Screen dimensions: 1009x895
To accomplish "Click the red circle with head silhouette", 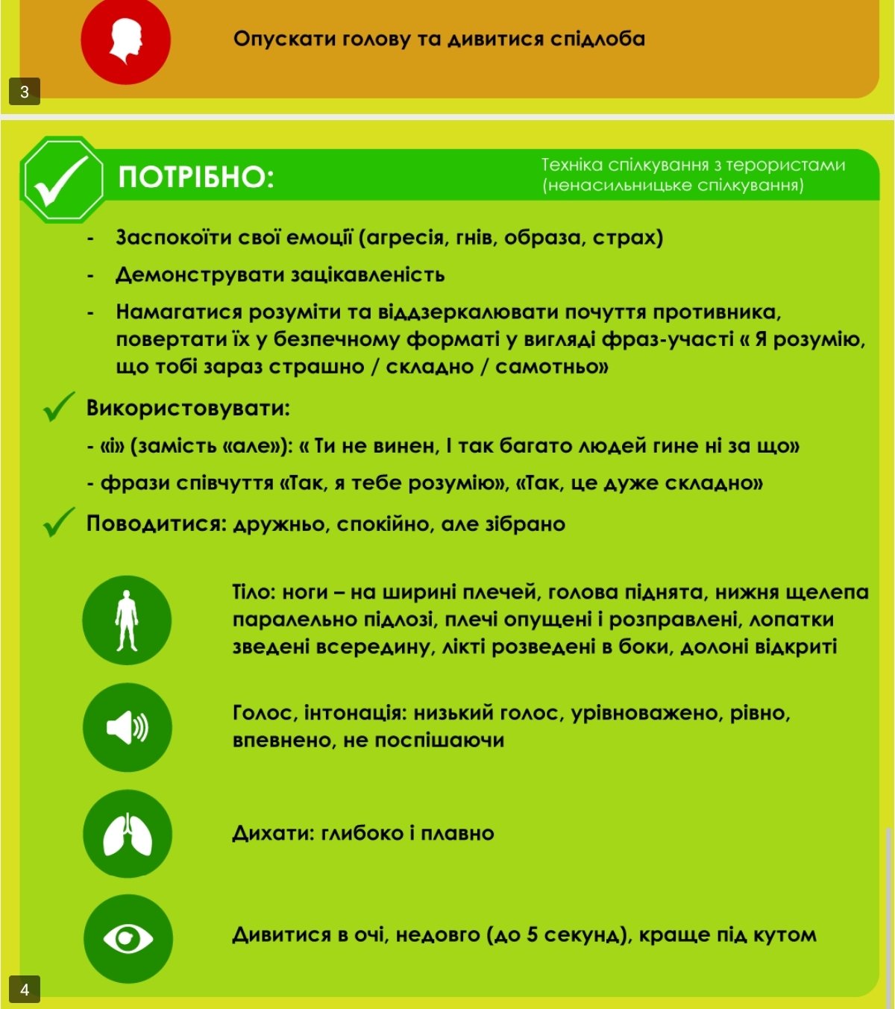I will [x=125, y=40].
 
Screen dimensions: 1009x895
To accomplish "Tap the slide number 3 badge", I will [x=25, y=92].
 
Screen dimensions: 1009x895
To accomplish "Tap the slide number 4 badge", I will [x=25, y=990].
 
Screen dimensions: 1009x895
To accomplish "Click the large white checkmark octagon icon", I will [x=63, y=180].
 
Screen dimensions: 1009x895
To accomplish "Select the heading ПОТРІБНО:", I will [x=196, y=177].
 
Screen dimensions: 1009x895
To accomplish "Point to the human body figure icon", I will [x=128, y=620].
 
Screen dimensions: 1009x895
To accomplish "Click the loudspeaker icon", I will [x=128, y=727].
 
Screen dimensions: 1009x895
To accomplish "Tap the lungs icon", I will [x=128, y=834].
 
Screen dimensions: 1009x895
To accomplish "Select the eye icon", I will [x=128, y=938].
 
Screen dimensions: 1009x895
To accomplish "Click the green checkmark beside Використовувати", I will [x=59, y=406].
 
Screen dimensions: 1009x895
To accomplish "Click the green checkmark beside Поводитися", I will [x=59, y=522].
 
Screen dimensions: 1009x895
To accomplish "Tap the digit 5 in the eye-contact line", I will [x=533, y=934].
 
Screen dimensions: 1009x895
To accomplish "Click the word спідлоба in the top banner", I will [x=598, y=39].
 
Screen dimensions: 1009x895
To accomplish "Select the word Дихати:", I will [x=274, y=833].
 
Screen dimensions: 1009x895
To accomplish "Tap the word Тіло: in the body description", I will [x=254, y=592].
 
